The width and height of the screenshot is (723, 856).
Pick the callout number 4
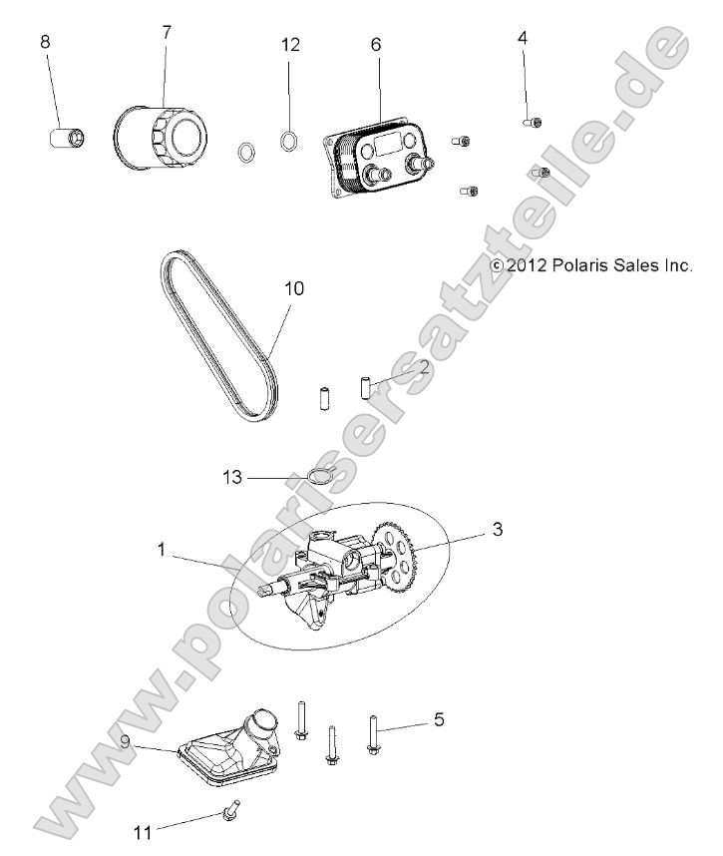(x=523, y=38)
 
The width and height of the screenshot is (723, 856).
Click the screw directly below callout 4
(x=533, y=122)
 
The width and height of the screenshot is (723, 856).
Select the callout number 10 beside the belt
(x=294, y=288)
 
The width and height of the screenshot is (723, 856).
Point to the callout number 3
(x=496, y=529)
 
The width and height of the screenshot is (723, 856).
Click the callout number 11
(x=145, y=830)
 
